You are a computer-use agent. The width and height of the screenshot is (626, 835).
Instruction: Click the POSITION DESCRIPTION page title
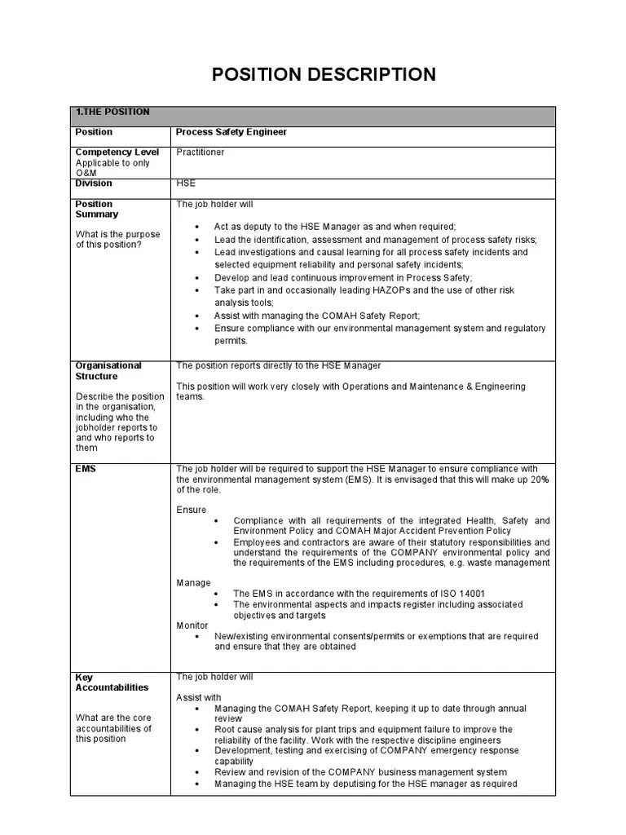[x=324, y=75]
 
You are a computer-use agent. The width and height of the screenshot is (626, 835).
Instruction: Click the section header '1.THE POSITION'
[x=112, y=113]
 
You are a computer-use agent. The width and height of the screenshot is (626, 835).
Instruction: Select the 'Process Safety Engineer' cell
[x=231, y=132]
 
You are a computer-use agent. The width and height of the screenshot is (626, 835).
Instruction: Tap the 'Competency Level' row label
[x=117, y=152]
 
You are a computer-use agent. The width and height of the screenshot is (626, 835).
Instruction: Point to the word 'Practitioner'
[x=201, y=152]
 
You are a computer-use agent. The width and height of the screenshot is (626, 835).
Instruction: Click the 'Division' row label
[x=94, y=183]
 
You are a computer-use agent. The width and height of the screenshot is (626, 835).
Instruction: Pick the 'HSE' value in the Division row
[x=186, y=183]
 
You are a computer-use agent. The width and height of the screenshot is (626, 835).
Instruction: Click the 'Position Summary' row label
[x=97, y=210]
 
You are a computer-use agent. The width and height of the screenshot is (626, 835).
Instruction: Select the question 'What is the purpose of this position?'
[x=118, y=240]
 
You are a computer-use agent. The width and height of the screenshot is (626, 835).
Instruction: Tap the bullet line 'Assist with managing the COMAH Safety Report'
[x=317, y=316]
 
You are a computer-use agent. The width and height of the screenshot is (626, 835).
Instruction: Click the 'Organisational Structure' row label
[x=108, y=371]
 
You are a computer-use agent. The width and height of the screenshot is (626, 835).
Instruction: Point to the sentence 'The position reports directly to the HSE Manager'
[x=279, y=366]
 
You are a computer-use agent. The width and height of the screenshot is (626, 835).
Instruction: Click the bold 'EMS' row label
[x=86, y=469]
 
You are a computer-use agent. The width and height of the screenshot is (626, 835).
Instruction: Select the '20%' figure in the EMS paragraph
[x=538, y=479]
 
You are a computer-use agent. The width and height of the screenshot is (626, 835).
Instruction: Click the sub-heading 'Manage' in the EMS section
[x=193, y=583]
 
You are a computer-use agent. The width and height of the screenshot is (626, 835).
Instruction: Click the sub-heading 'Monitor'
[x=192, y=625]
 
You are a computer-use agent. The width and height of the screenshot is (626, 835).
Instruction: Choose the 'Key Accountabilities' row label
[x=112, y=683]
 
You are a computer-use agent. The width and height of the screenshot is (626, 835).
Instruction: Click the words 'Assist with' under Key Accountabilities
[x=199, y=698]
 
